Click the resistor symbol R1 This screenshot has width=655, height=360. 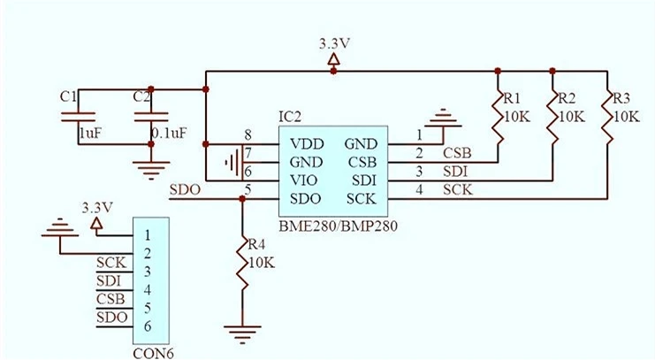(498, 117)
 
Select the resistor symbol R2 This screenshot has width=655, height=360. (553, 117)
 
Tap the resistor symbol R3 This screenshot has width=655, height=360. (608, 117)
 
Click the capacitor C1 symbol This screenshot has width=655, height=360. (86, 116)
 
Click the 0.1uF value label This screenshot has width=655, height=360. (169, 133)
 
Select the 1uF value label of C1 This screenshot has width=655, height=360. (91, 133)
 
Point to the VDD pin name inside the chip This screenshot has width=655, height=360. (306, 143)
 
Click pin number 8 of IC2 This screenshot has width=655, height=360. (248, 135)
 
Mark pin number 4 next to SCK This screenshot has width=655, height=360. (420, 189)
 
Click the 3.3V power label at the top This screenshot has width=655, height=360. (333, 43)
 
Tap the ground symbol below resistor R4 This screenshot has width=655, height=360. (240, 332)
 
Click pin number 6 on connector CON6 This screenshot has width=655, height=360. (149, 326)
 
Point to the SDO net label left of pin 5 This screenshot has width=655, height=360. (185, 189)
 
